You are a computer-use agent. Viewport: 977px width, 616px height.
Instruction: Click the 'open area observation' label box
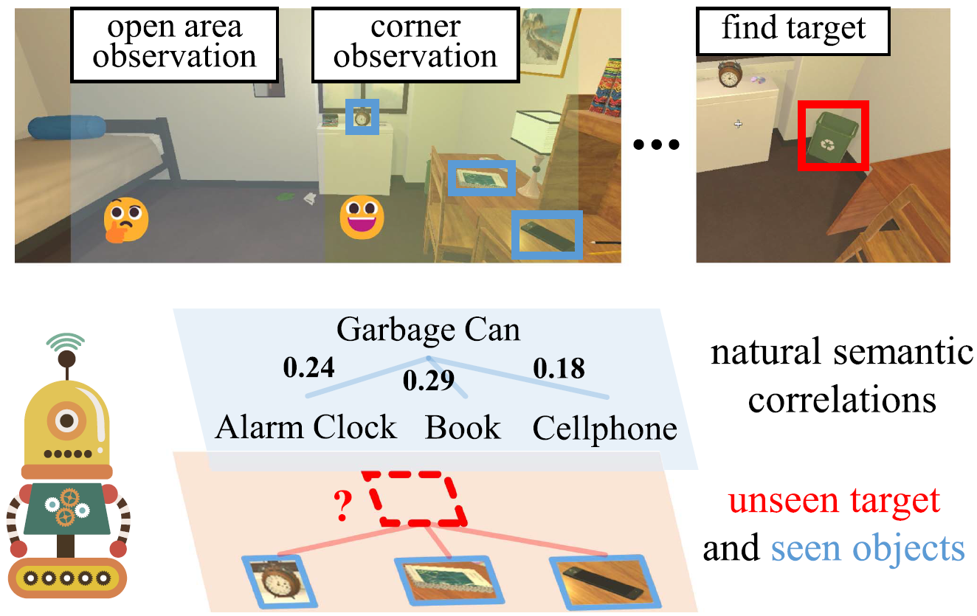pos(174,44)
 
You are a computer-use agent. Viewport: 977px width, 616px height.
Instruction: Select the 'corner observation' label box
pos(415,44)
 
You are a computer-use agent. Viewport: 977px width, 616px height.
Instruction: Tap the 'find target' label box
pos(793,31)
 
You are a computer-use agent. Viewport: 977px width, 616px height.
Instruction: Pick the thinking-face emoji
pos(125,220)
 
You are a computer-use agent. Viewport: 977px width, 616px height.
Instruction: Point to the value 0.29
pos(427,381)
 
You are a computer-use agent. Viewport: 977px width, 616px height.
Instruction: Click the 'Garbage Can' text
pos(428,330)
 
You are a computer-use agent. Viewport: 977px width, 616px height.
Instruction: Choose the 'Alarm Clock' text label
pos(305,428)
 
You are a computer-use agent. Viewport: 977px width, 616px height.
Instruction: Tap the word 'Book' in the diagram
pos(463,428)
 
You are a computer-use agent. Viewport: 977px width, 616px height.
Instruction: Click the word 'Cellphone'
pos(604,428)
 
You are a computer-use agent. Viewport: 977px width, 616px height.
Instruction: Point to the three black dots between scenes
pos(657,145)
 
